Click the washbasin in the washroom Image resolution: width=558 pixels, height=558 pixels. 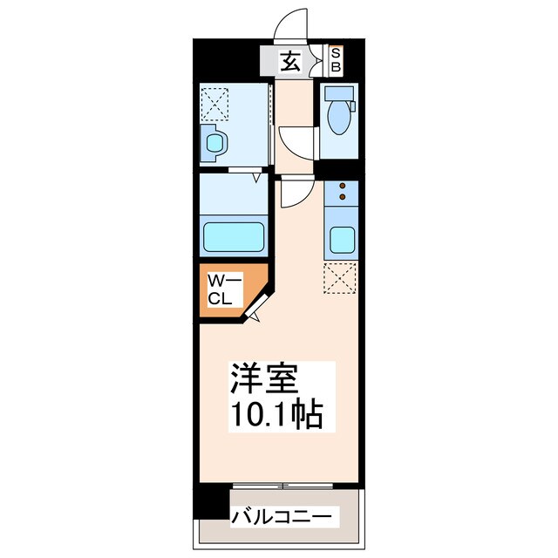pyautogui.click(x=213, y=142)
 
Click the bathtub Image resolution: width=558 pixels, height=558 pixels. pyautogui.click(x=233, y=236)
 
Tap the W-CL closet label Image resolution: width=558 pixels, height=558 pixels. pyautogui.click(x=218, y=290)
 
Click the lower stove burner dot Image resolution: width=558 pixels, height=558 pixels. pyautogui.click(x=342, y=197)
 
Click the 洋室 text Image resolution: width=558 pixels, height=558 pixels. pyautogui.click(x=264, y=380)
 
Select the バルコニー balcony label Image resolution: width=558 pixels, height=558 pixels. pyautogui.click(x=281, y=518)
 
